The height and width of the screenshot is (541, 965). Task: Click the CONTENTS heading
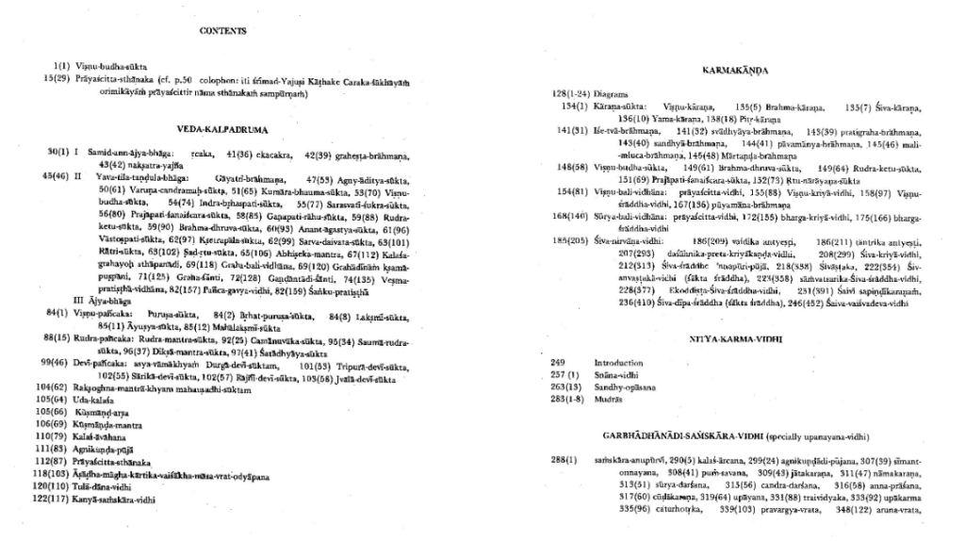click(223, 31)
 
